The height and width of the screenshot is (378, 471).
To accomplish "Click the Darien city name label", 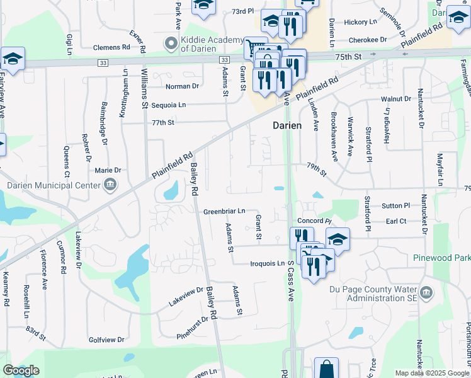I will [x=287, y=125].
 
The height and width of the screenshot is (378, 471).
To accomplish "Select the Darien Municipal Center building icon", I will [x=110, y=185].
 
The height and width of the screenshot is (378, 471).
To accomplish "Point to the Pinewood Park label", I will [x=441, y=258].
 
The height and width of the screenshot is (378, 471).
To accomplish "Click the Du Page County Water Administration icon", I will [x=426, y=292].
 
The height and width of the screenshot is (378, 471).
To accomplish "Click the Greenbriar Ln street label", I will [x=224, y=212].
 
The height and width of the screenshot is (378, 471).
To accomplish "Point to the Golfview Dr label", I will [x=107, y=340].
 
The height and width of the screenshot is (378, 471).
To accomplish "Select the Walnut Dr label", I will [x=395, y=100].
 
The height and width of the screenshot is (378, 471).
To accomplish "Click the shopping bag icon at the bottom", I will [x=326, y=369].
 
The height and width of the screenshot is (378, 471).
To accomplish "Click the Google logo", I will [x=21, y=370].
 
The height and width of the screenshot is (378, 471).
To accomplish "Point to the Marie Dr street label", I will [x=108, y=170].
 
